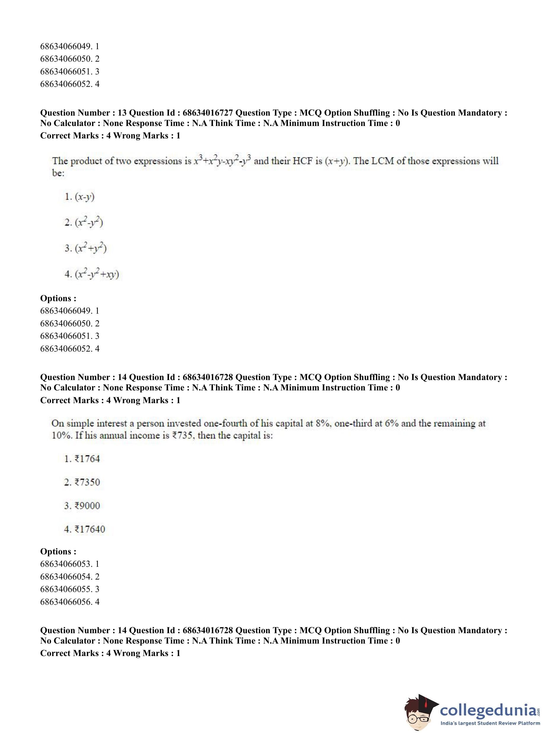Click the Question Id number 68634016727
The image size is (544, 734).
[x=207, y=113]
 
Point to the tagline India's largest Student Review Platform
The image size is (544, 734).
[x=490, y=723]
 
